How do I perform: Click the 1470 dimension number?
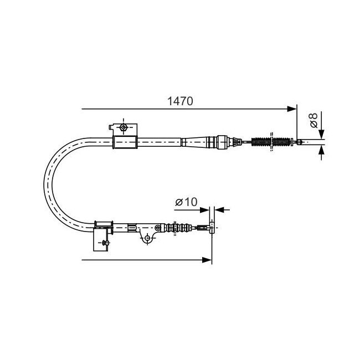180,101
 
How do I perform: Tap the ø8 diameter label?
313,120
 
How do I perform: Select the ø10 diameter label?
186,202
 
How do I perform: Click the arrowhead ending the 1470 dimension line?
292,109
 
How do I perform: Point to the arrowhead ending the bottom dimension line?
207,260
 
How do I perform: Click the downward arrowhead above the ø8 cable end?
321,134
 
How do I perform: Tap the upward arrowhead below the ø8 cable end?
321,150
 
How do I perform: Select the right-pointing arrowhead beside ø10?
204,210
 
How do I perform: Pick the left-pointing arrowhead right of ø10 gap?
219,209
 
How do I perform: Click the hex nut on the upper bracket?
124,127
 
